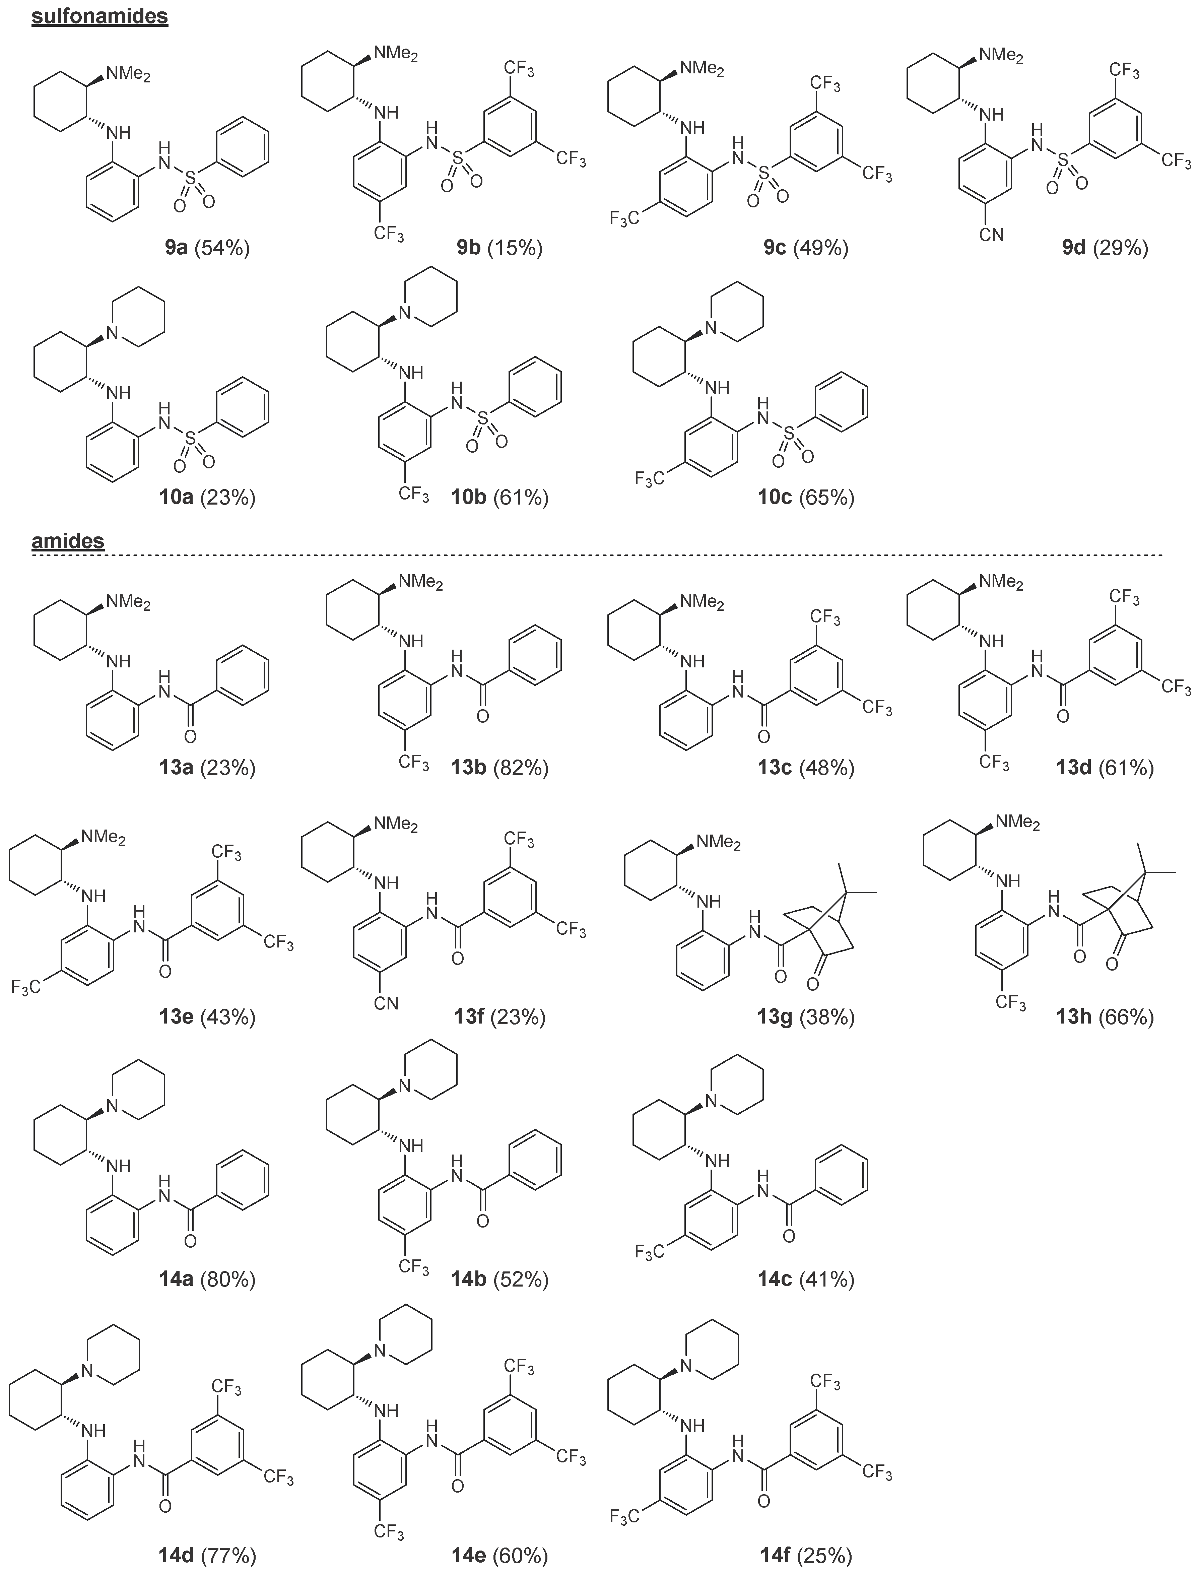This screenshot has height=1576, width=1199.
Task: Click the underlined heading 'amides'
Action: click(x=68, y=541)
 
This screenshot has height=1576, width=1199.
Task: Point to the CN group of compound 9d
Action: click(x=991, y=234)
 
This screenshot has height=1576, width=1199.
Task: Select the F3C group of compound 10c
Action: click(x=649, y=478)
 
